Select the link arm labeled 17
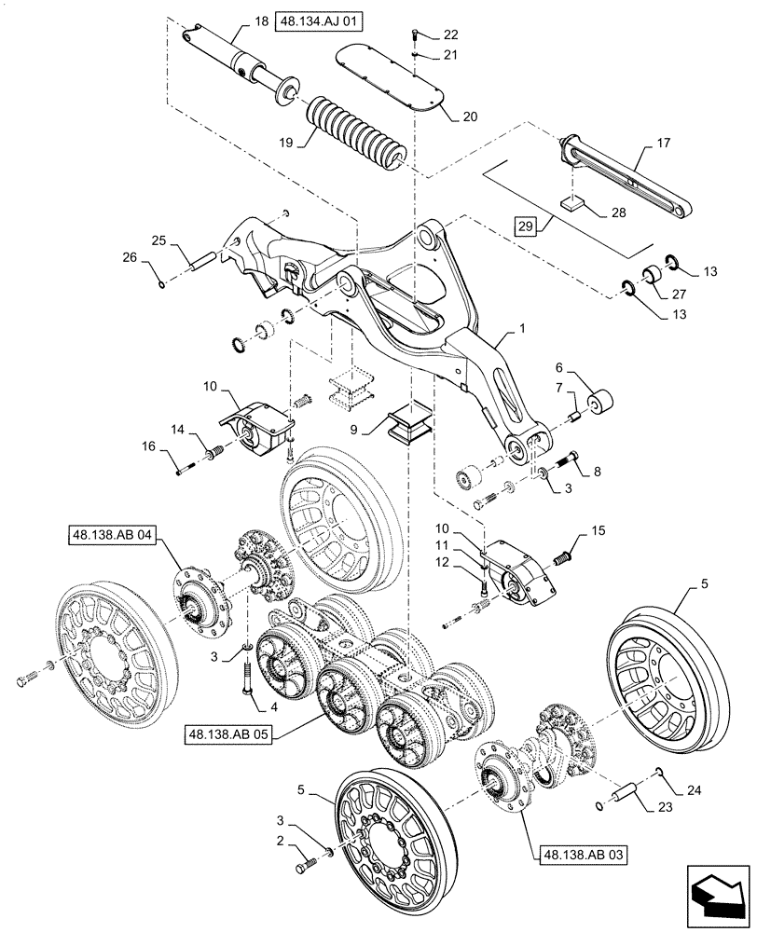click(x=625, y=177)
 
